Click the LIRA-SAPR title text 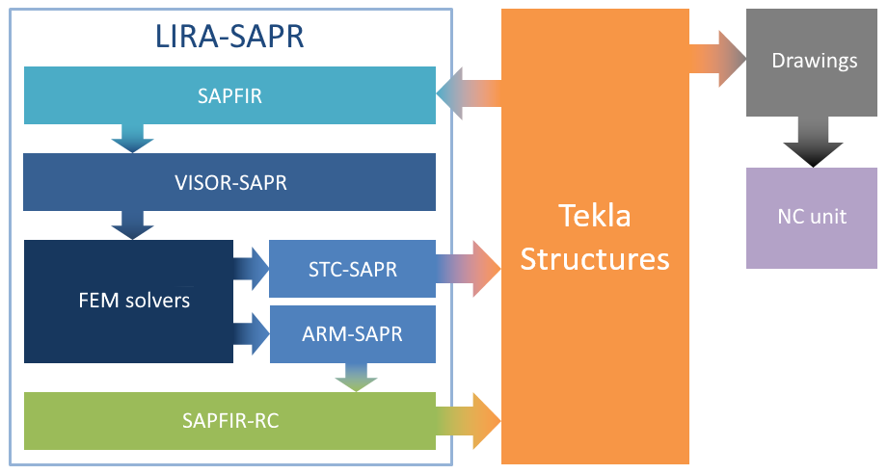(229, 37)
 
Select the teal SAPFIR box (229, 95)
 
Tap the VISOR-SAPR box (229, 182)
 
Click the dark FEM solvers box (128, 301)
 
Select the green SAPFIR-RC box (229, 420)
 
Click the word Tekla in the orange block (595, 215)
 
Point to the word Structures (595, 258)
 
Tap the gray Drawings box (814, 61)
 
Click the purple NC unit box (811, 217)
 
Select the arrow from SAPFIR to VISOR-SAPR (132, 138)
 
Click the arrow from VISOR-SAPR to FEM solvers (132, 224)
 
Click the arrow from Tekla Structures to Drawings (718, 60)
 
